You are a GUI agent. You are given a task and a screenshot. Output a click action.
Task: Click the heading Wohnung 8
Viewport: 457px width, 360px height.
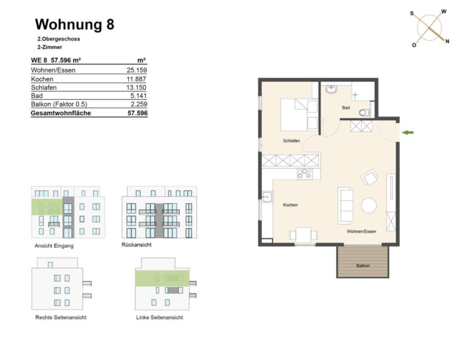click(x=74, y=24)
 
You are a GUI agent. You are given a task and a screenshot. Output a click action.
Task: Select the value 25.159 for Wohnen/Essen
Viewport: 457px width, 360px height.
click(x=137, y=70)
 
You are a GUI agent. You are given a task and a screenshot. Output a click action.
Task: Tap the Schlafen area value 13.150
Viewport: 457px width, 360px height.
click(x=136, y=87)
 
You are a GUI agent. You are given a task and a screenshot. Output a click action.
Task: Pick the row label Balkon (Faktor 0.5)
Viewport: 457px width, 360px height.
click(x=59, y=104)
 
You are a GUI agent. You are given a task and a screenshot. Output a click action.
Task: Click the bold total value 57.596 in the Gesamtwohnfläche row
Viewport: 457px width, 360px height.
click(x=137, y=113)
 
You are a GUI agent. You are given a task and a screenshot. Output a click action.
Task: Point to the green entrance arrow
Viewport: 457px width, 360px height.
click(x=408, y=133)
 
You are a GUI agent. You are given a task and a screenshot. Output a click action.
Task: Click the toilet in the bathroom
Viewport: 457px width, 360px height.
click(x=364, y=112)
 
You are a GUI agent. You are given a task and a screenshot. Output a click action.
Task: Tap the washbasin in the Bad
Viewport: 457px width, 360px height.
click(x=331, y=89)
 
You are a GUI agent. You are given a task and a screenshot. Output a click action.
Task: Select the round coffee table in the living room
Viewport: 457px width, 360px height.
click(x=369, y=205)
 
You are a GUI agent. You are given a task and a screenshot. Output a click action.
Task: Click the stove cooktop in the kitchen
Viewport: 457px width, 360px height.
click(x=305, y=174)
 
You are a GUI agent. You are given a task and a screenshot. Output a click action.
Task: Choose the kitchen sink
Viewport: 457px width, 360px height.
click(x=267, y=197)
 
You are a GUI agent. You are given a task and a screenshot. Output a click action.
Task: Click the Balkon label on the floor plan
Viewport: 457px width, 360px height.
click(x=363, y=265)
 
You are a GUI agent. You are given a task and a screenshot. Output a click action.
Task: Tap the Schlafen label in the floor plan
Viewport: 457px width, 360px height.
click(x=292, y=141)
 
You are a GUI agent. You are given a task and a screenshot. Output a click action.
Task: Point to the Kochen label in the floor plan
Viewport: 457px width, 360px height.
click(x=290, y=205)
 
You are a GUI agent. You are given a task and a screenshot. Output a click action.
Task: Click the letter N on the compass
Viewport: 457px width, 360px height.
click(x=447, y=42)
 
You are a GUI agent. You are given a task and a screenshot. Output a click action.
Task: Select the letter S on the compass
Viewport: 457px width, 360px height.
click(x=412, y=14)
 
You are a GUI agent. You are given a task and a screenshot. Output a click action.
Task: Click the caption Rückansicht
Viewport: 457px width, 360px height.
click(x=136, y=245)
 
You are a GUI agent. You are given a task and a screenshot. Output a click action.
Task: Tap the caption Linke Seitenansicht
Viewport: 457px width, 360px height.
click(x=159, y=317)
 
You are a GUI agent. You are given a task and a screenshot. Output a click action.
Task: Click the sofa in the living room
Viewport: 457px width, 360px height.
click(x=345, y=205)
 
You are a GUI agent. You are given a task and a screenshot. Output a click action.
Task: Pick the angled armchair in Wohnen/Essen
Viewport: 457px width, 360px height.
click(x=370, y=177)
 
